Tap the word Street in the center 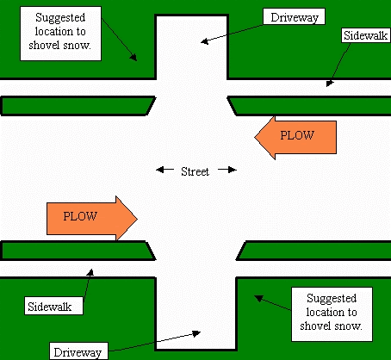(x=195, y=171)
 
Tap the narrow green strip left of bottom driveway (x=76, y=250)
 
